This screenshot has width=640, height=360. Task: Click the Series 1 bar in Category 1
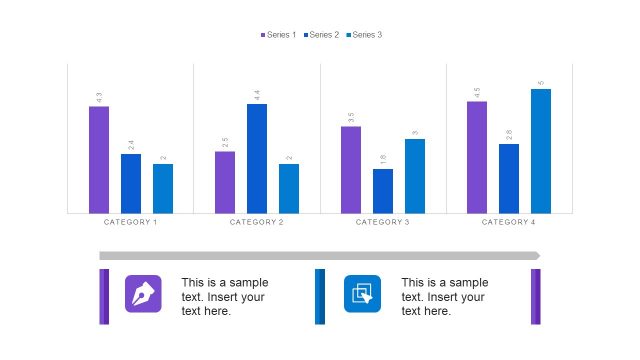click(x=99, y=159)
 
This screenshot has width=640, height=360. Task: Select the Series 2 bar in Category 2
click(x=257, y=158)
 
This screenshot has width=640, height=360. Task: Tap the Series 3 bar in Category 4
click(x=541, y=150)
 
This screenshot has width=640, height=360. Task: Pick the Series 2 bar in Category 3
click(x=383, y=190)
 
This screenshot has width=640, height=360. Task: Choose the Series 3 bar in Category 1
click(x=163, y=188)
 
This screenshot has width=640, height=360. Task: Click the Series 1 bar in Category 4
click(x=477, y=156)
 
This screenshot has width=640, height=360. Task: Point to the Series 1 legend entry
click(x=278, y=35)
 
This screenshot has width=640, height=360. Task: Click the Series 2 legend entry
click(x=321, y=35)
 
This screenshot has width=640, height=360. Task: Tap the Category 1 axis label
click(x=131, y=222)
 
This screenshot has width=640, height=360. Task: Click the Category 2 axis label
click(x=257, y=222)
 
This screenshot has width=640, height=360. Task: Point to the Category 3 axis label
click(x=383, y=222)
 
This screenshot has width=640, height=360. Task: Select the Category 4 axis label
click(x=509, y=222)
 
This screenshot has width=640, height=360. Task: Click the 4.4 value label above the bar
click(x=257, y=95)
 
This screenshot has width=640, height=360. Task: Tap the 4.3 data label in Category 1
click(x=99, y=97)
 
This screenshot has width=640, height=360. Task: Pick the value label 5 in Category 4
click(x=541, y=83)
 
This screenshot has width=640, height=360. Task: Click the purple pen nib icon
click(x=143, y=293)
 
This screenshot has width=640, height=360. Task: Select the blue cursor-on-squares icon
click(x=363, y=293)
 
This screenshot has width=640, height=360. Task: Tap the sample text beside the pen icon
click(x=225, y=297)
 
